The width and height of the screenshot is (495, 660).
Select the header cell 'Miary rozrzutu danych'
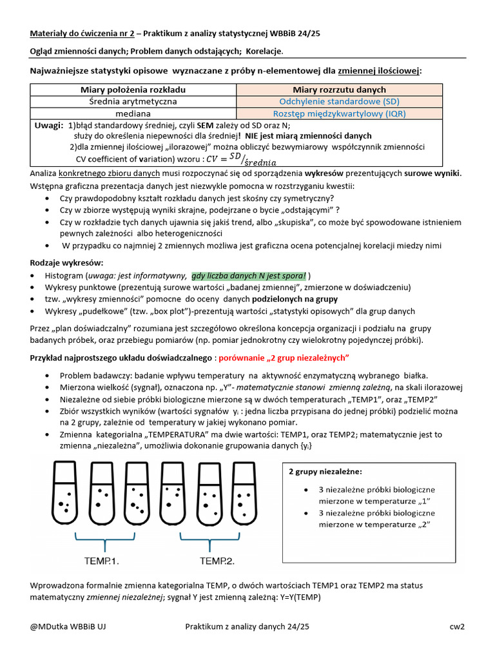339,90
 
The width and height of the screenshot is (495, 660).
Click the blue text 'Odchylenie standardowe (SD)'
339,101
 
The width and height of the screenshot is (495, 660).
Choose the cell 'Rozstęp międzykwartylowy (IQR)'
339,113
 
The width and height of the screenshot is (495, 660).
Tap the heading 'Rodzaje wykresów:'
66,262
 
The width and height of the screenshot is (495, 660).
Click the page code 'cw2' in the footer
457,626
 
